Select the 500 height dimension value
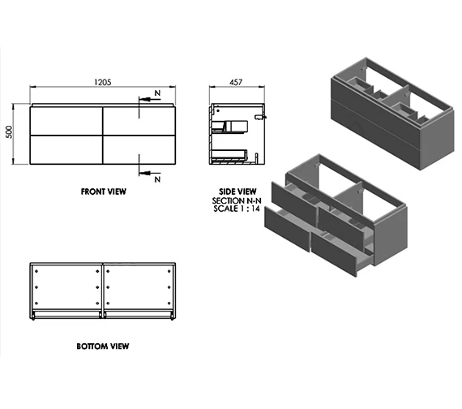click(x=11, y=132)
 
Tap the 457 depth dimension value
click(x=237, y=82)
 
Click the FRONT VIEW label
click(x=103, y=192)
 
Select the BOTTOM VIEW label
click(x=102, y=346)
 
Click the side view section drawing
click(x=235, y=134)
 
